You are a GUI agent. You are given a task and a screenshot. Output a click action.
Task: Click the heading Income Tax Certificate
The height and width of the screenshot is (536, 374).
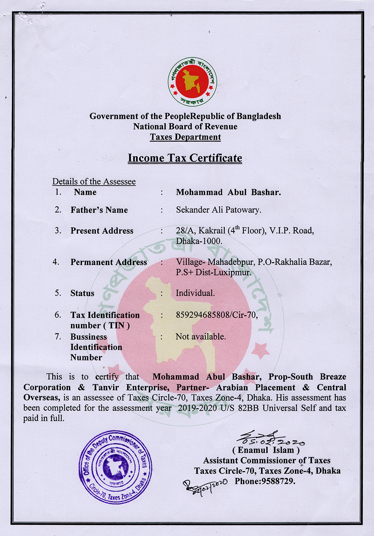(x=185, y=158)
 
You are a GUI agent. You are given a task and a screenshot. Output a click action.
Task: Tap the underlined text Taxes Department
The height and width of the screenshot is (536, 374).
(x=185, y=137)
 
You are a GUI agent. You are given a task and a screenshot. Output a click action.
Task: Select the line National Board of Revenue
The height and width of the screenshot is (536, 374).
(x=185, y=127)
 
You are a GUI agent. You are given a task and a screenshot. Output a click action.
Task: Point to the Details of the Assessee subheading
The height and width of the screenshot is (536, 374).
(x=94, y=182)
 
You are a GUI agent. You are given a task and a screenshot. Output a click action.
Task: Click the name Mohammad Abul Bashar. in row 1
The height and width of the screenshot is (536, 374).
(x=228, y=192)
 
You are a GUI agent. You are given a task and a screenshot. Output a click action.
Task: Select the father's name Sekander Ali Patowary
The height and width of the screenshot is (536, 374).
(x=219, y=210)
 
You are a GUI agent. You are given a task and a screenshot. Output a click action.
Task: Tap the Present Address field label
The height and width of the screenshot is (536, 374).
(x=102, y=231)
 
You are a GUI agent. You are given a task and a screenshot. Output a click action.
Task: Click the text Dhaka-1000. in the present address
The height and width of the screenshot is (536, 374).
(x=199, y=241)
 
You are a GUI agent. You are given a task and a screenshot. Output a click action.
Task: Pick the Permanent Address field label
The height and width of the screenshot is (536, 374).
(x=109, y=262)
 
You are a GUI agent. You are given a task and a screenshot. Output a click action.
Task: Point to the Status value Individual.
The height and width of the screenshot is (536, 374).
(x=195, y=293)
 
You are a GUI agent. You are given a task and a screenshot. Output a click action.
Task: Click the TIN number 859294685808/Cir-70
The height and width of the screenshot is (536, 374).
(x=217, y=315)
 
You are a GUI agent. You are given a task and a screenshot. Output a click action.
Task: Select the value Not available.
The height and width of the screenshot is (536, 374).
(x=201, y=336)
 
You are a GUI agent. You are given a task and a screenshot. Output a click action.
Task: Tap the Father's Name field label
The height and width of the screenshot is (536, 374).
(x=99, y=210)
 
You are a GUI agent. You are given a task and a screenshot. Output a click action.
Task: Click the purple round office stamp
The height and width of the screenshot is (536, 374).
(x=115, y=467)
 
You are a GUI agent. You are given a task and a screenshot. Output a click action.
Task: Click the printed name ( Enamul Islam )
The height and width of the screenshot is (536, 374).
(x=266, y=450)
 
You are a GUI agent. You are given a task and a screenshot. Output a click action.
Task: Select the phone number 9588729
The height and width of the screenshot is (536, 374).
(x=278, y=481)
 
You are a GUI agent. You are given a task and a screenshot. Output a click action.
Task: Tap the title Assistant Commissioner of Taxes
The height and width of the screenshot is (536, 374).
(x=267, y=461)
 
